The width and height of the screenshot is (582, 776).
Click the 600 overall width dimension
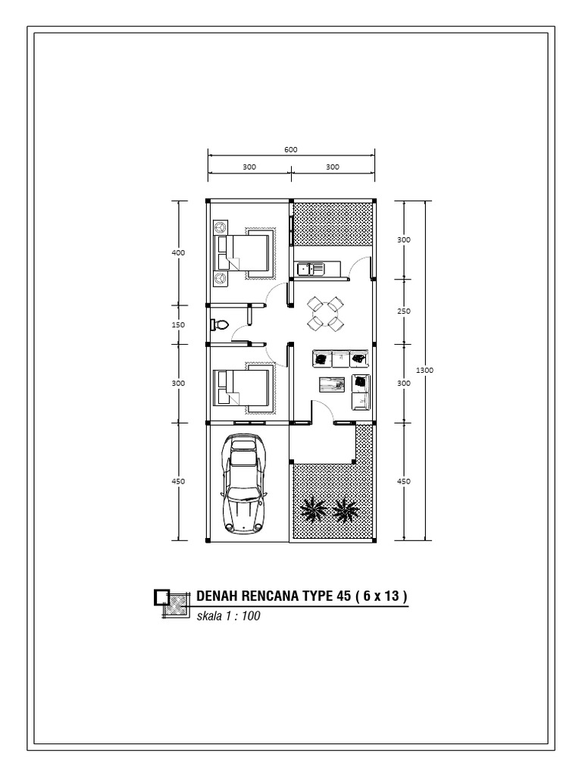[x=291, y=149]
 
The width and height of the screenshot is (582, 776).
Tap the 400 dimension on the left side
[x=179, y=252]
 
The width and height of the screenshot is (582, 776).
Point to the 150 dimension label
[x=179, y=324]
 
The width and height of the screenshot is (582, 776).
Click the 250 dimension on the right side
[x=404, y=311]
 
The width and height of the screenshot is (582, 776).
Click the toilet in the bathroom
[x=219, y=324]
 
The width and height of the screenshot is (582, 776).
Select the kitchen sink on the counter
[x=311, y=268]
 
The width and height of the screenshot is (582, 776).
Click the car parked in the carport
[x=243, y=483]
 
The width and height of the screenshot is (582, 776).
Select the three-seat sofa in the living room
[x=340, y=357]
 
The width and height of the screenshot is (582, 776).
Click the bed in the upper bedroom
[x=245, y=253]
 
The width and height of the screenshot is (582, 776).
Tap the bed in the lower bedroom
[x=243, y=387]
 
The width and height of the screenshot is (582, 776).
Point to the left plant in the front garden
[x=311, y=509]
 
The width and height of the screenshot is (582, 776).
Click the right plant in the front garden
[x=346, y=509]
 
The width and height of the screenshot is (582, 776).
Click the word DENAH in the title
[x=214, y=596]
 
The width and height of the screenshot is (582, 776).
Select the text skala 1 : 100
[x=228, y=616]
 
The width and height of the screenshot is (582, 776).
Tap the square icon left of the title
[x=161, y=597]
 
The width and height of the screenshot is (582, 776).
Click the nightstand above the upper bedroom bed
[x=221, y=227]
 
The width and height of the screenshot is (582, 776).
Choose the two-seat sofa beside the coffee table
[x=361, y=392]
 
